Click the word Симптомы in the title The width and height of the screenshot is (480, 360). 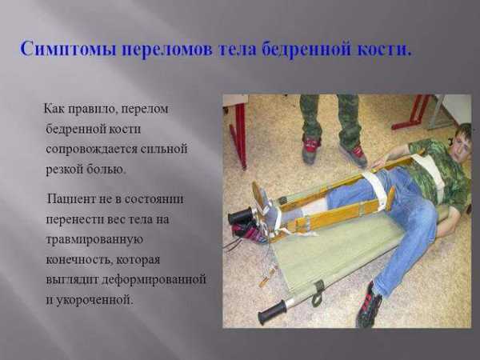tap(68, 49)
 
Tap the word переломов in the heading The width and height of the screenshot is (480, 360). tap(167, 50)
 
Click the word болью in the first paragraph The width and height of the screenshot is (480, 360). tap(106, 169)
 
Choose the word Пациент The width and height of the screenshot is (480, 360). tap(71, 199)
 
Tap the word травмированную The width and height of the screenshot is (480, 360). tap(94, 240)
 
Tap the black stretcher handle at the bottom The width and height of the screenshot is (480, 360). tap(273, 311)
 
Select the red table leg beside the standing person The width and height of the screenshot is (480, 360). tap(239, 134)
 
